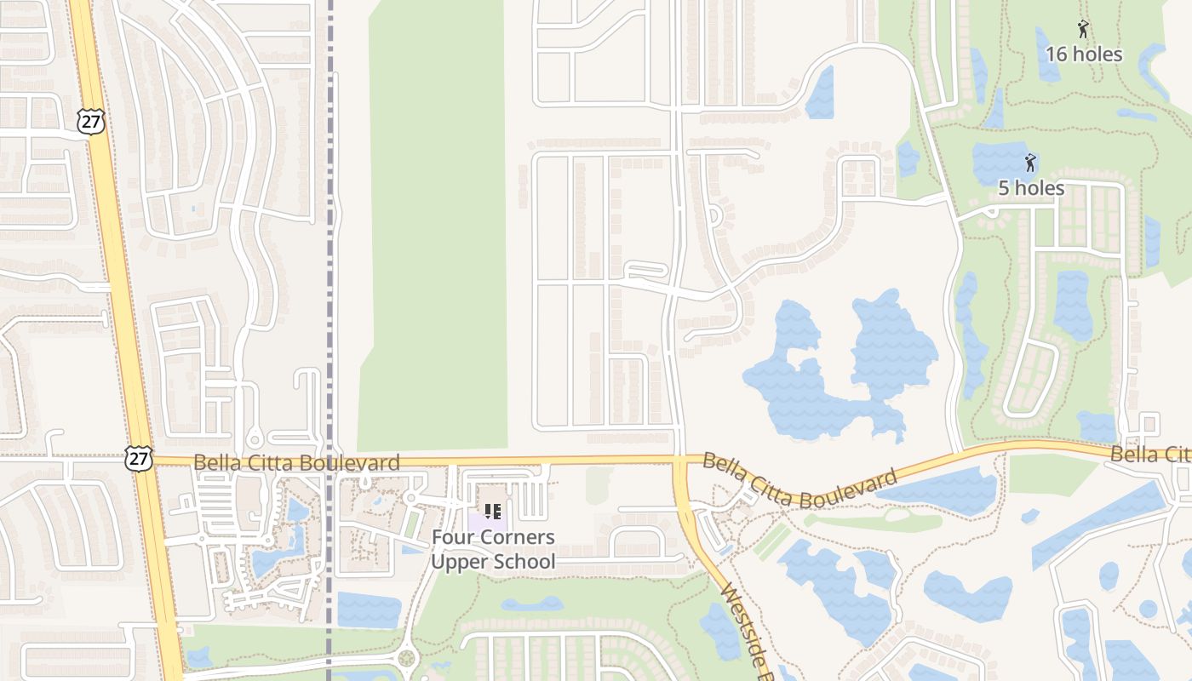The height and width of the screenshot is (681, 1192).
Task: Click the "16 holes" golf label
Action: (1083, 54)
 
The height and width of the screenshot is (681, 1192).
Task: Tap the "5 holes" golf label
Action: (1031, 188)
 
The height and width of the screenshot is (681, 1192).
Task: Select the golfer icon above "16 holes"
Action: (1082, 29)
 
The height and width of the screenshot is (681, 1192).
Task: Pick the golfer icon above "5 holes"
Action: (1030, 163)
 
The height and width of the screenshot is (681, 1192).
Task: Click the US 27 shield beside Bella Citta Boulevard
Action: (138, 458)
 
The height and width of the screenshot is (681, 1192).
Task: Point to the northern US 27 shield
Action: (90, 121)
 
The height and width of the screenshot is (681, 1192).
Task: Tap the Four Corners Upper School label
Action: (492, 549)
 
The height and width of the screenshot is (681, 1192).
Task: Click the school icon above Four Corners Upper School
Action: (492, 512)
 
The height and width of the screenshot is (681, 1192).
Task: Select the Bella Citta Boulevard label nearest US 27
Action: (296, 463)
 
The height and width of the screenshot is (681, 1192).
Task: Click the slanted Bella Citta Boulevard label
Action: (800, 481)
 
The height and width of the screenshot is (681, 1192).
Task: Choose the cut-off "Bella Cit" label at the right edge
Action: (1149, 454)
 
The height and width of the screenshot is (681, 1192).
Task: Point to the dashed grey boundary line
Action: (330, 255)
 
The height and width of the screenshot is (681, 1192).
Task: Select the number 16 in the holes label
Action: (1056, 54)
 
